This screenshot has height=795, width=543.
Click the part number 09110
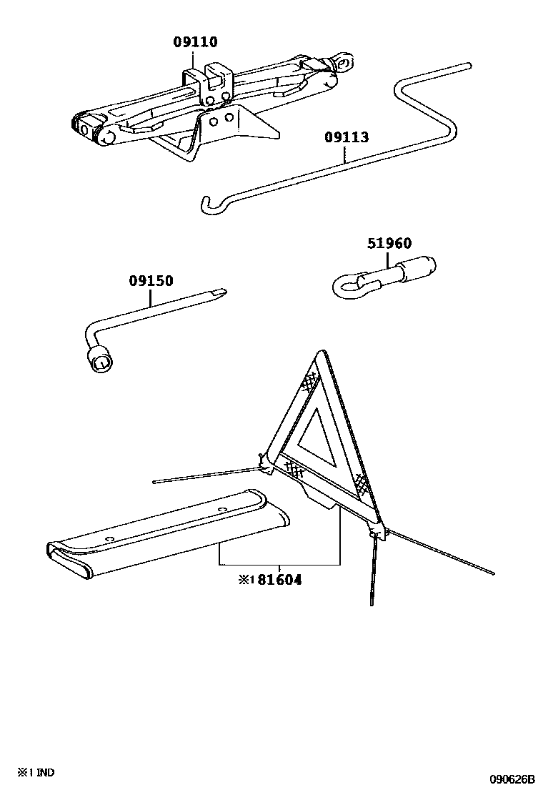click(x=195, y=42)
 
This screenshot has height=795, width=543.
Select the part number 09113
click(x=347, y=137)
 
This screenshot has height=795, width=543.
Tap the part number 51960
click(x=389, y=244)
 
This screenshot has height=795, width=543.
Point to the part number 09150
click(x=151, y=281)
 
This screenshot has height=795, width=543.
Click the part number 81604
click(x=279, y=580)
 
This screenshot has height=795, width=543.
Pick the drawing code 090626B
click(x=512, y=779)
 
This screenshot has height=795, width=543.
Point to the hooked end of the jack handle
click(x=204, y=205)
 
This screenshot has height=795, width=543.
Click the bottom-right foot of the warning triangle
click(x=374, y=532)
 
